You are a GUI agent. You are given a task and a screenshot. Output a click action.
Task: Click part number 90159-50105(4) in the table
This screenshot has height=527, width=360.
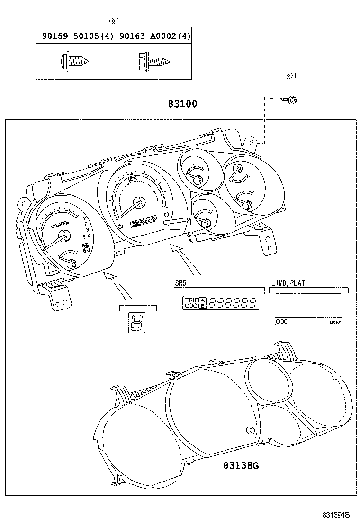[75, 36]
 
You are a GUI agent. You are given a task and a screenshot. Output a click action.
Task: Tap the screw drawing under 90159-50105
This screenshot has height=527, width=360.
[75, 61]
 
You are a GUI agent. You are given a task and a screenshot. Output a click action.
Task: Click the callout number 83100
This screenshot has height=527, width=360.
[182, 104]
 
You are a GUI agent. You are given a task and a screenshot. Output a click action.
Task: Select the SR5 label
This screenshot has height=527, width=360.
[180, 283]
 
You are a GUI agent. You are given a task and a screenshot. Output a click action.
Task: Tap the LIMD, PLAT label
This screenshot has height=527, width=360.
[288, 283]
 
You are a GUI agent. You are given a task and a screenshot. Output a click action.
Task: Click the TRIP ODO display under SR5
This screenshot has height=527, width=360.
[221, 303]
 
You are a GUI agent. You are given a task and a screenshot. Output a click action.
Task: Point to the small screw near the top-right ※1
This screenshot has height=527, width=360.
[289, 100]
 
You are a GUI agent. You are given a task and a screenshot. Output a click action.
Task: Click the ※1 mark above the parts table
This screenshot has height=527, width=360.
[114, 21]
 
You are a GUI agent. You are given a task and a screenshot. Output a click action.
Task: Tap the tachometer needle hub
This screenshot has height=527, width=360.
[64, 236]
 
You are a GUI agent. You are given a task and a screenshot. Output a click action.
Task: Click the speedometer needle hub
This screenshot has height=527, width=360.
[140, 202]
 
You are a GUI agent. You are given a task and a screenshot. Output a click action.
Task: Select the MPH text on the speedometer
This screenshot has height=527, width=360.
[133, 180]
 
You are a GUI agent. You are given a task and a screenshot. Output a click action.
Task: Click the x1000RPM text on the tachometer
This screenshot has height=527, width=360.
[60, 225]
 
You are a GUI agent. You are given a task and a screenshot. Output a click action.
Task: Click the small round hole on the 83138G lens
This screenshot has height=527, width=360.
[250, 430]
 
